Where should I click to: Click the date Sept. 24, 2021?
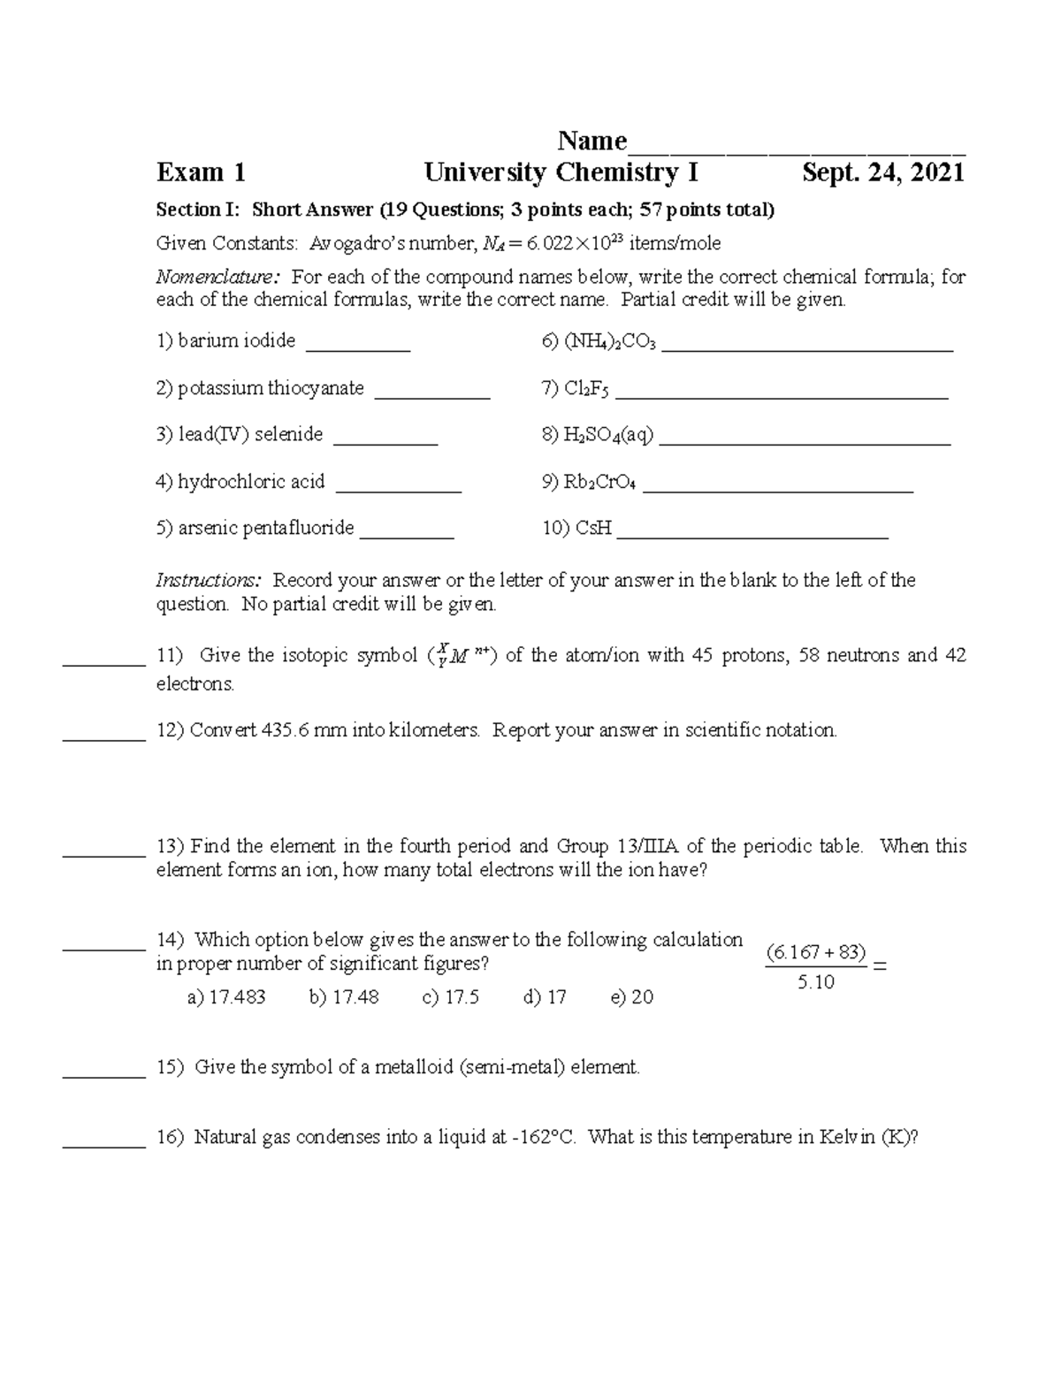click(882, 172)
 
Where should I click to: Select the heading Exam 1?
click(201, 172)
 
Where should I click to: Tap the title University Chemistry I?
click(561, 172)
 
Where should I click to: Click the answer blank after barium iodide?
click(358, 347)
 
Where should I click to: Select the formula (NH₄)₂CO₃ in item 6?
click(610, 342)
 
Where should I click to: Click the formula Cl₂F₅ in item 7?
click(586, 389)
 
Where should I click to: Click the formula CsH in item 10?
click(593, 529)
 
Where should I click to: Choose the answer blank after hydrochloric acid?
click(399, 487)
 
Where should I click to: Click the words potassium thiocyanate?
click(271, 388)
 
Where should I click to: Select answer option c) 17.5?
click(451, 997)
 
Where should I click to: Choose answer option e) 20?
click(632, 997)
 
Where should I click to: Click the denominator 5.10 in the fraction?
click(815, 982)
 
